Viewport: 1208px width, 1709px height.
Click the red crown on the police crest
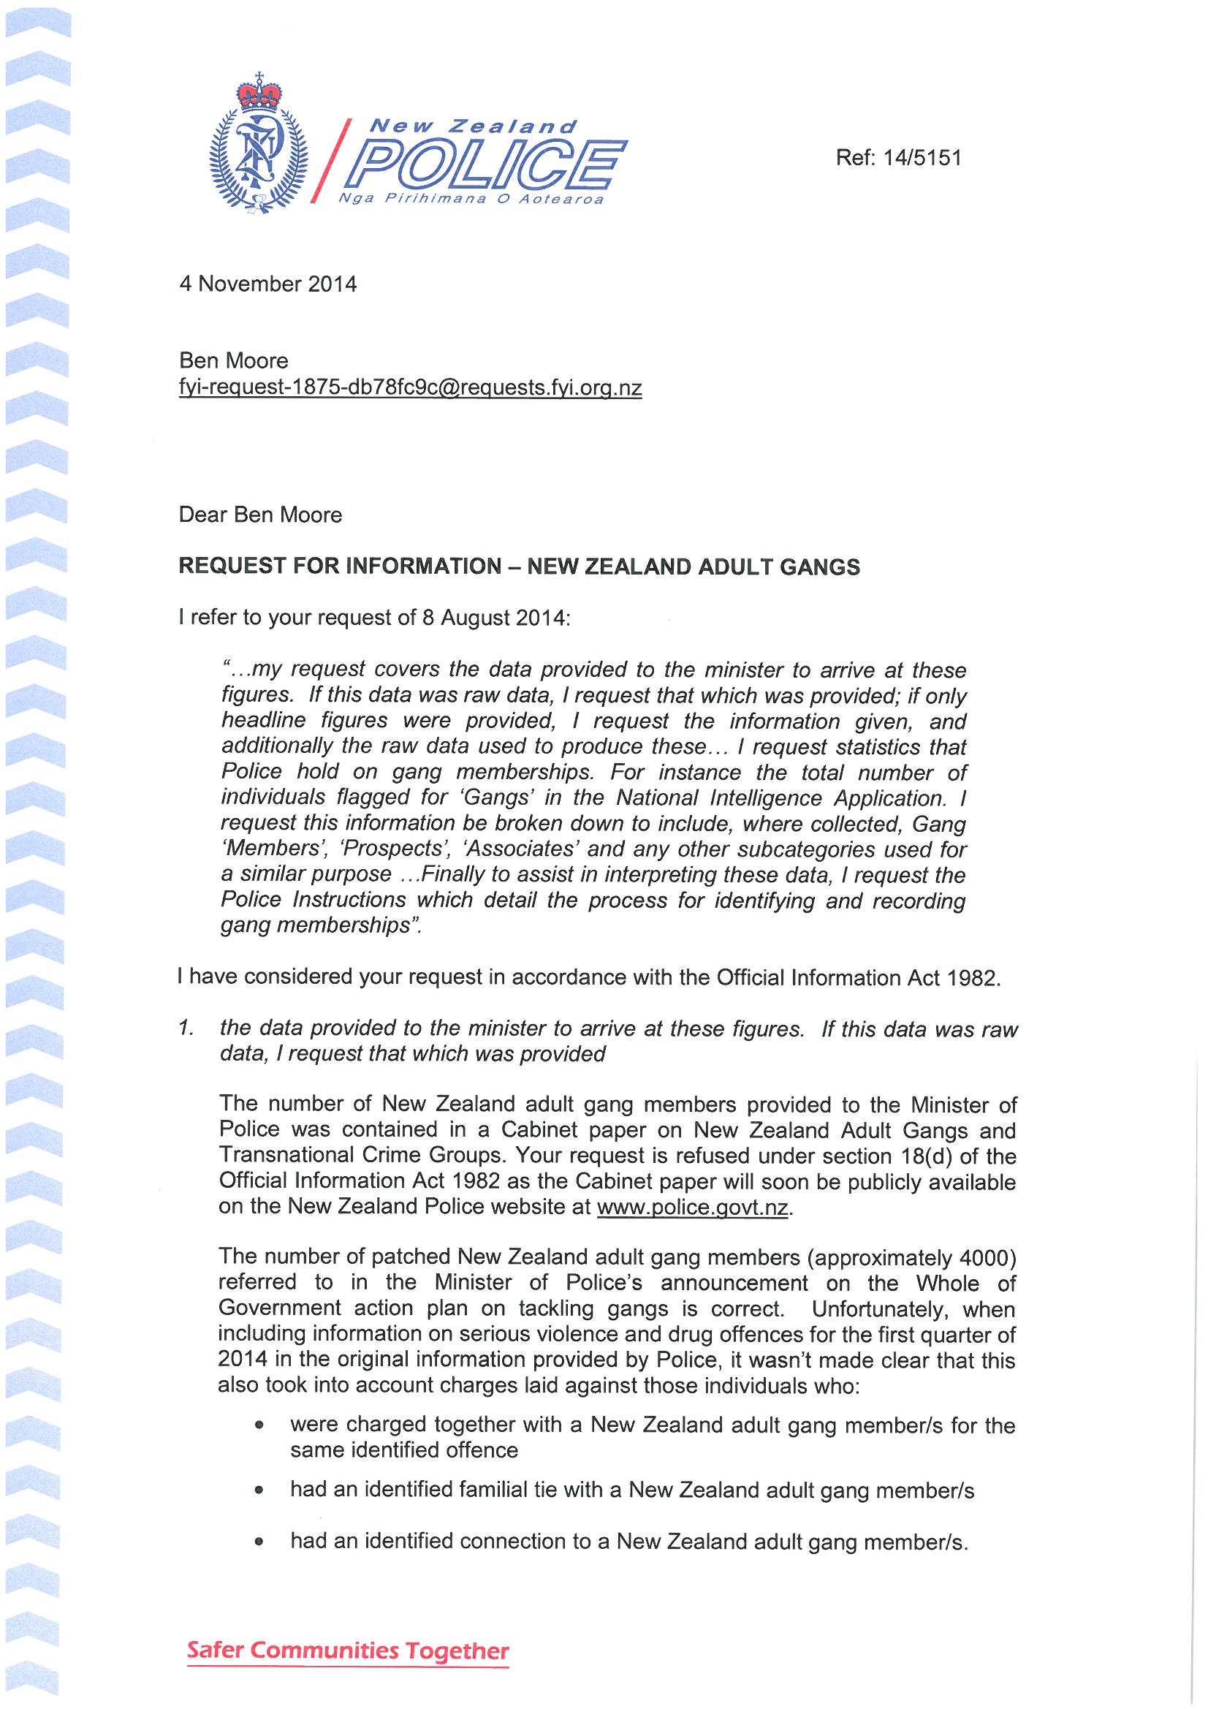259,95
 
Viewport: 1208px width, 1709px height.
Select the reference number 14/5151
922,158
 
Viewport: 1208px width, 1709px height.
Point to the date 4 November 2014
268,284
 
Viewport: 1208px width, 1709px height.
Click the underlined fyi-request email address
410,388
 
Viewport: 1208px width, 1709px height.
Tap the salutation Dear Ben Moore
260,515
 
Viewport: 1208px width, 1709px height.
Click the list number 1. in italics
186,1028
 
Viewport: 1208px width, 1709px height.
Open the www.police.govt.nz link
692,1207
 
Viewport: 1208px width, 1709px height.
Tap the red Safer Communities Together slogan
348,1651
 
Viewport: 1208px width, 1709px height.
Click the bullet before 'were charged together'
258,1425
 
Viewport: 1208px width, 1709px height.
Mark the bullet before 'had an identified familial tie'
258,1490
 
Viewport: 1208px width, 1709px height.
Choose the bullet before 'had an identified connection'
258,1542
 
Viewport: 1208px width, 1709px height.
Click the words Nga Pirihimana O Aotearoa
471,200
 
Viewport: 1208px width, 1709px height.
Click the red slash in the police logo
329,161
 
